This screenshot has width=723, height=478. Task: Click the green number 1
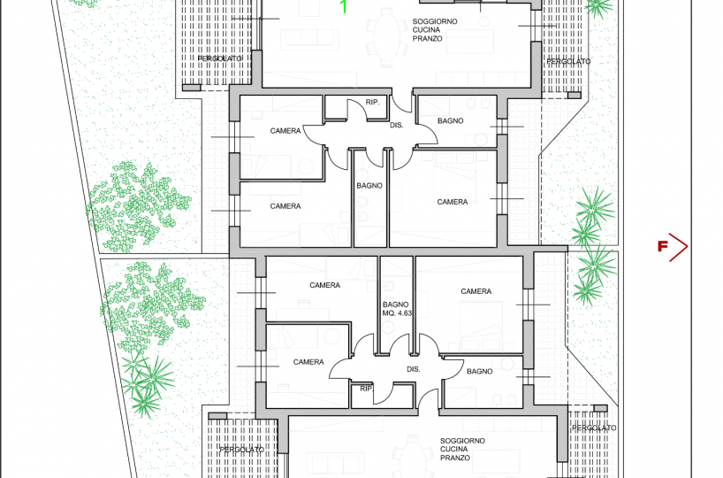click(x=344, y=6)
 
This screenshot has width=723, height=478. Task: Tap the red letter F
click(x=663, y=247)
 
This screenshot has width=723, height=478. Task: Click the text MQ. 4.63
click(x=397, y=313)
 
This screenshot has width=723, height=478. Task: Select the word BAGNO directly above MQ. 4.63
click(x=396, y=305)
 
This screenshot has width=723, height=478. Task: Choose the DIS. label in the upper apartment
click(x=397, y=125)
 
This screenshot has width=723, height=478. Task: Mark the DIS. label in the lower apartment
click(x=414, y=369)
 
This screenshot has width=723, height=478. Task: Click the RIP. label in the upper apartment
click(x=373, y=102)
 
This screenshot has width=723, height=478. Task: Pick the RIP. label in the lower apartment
click(x=367, y=389)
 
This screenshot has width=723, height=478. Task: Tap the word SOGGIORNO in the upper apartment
click(x=435, y=21)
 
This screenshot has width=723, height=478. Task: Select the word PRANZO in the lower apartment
click(x=455, y=458)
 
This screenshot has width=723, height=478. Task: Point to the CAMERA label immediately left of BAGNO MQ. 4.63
click(x=325, y=285)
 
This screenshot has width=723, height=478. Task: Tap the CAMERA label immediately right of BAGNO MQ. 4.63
click(x=476, y=291)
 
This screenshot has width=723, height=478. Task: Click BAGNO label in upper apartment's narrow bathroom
click(x=369, y=186)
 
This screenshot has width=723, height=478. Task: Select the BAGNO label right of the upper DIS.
click(x=451, y=121)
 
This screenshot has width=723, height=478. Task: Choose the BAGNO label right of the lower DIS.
click(x=480, y=371)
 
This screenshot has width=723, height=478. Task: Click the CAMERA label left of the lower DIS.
click(x=308, y=362)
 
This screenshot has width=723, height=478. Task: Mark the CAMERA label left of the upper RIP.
click(x=285, y=131)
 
